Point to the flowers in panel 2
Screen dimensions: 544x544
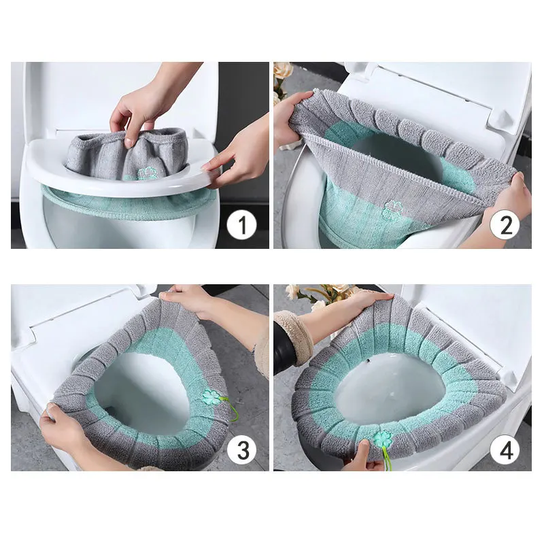click(282, 75)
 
